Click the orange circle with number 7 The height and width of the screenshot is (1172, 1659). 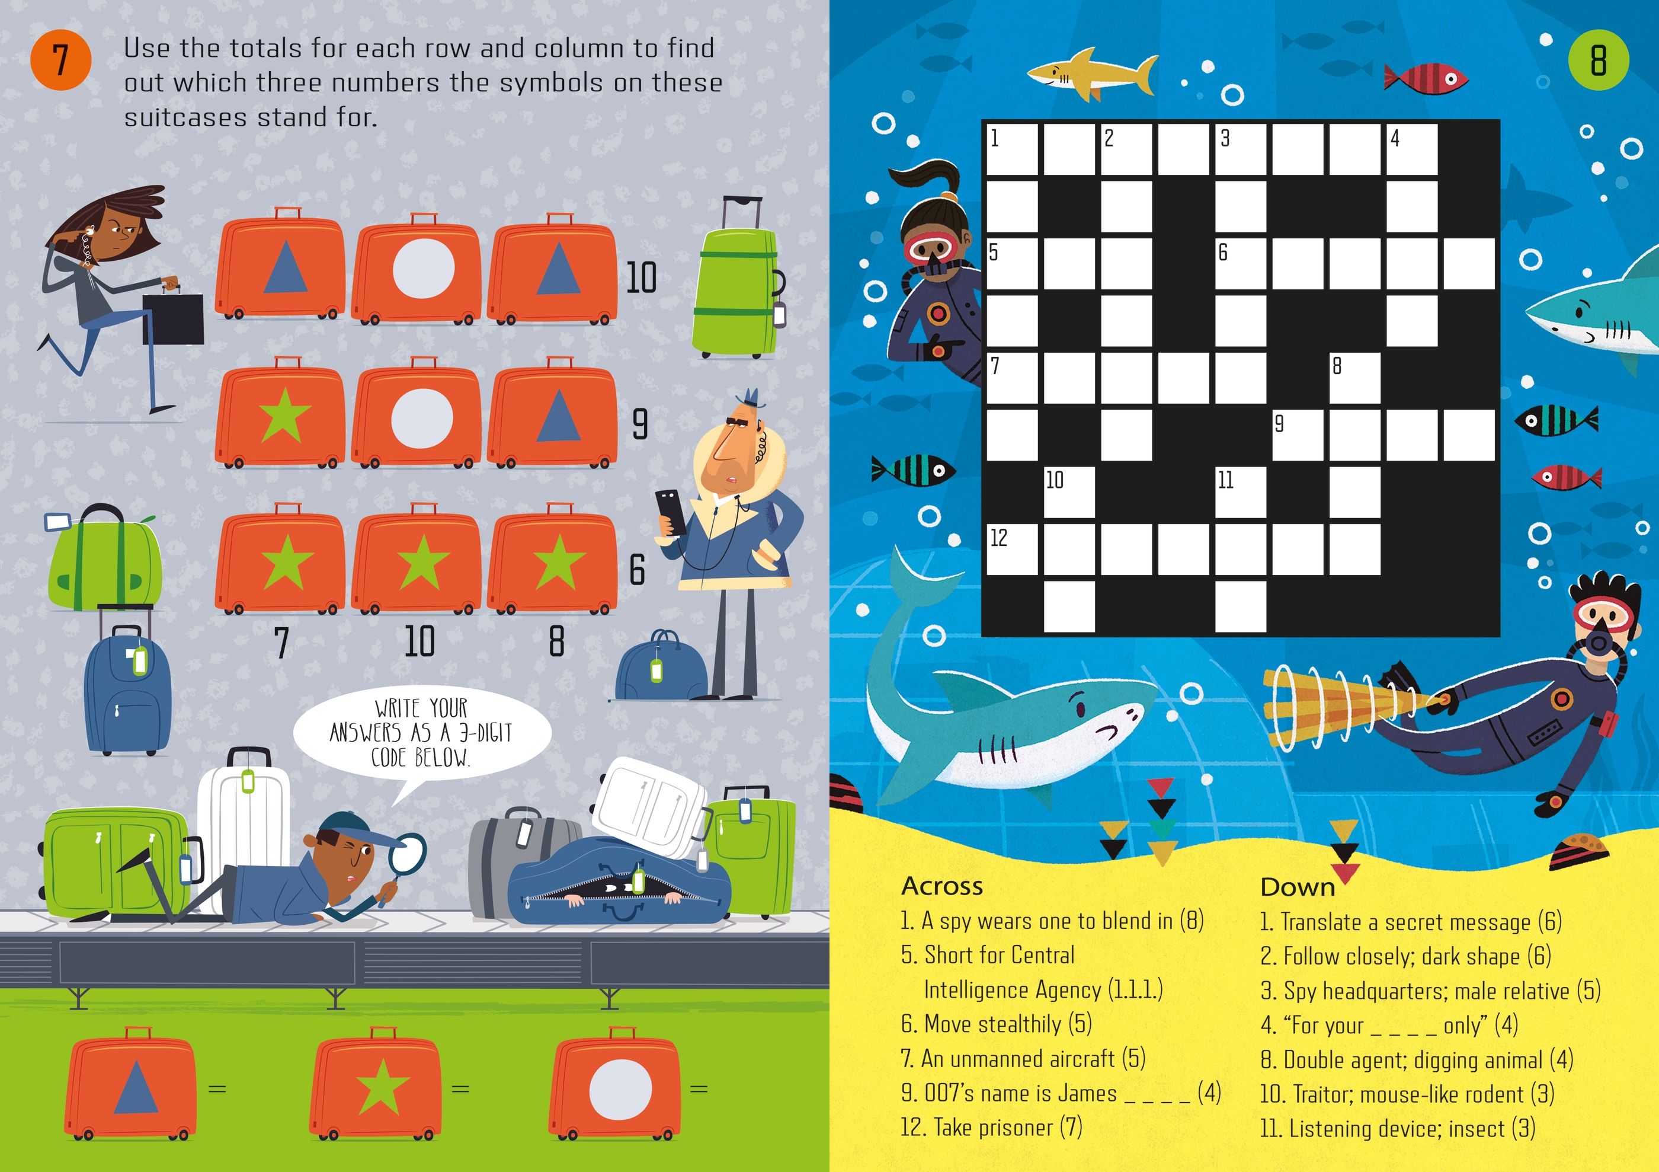[x=60, y=60]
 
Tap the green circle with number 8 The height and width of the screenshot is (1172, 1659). [x=1599, y=60]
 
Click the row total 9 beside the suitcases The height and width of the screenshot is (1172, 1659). [x=639, y=424]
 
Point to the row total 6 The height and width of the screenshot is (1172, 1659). [x=636, y=570]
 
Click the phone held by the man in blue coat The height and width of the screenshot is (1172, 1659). [x=671, y=511]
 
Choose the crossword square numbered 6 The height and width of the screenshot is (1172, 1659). [x=1241, y=264]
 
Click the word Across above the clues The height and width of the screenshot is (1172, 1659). [x=942, y=886]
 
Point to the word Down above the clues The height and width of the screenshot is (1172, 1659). [x=1298, y=887]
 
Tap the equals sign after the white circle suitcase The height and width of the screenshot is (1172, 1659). [x=699, y=1088]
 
